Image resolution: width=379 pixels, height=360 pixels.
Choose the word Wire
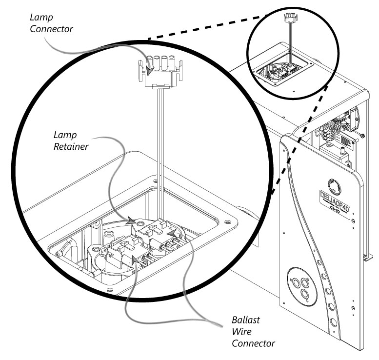tap(241, 333)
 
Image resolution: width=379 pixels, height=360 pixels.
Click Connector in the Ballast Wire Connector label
tap(253, 344)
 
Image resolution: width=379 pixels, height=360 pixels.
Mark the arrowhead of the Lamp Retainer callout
tap(132, 221)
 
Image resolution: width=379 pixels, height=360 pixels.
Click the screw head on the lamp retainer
tap(141, 223)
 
